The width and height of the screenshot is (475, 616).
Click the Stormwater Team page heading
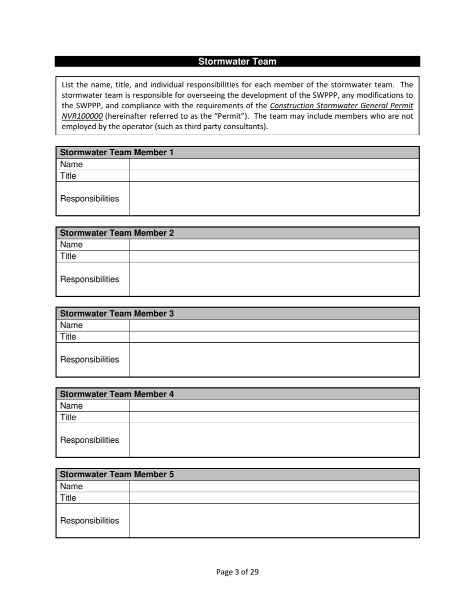(x=237, y=62)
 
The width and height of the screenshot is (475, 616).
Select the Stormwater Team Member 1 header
(x=117, y=152)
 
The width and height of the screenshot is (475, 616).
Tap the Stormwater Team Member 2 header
(x=117, y=233)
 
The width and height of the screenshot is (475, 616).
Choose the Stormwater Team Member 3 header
(x=117, y=314)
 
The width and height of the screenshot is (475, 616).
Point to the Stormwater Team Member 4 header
(x=117, y=394)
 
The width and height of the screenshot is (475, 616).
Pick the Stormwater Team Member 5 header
(x=117, y=474)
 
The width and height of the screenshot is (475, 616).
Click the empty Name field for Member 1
(x=274, y=164)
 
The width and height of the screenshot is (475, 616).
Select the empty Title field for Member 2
(x=274, y=256)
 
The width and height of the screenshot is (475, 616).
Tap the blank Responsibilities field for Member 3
(x=274, y=360)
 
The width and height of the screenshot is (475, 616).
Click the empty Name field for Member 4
(x=274, y=406)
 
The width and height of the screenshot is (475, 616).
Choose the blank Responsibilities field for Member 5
(x=274, y=521)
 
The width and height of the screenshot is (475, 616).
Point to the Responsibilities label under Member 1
(x=90, y=199)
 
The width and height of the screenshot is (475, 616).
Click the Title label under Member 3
(x=68, y=337)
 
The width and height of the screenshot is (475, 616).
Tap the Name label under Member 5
(x=71, y=486)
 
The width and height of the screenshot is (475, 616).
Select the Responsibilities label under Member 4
(x=90, y=440)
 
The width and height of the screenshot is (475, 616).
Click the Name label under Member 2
(x=71, y=245)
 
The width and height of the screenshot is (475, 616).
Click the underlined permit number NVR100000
(x=82, y=116)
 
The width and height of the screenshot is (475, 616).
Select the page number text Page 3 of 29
(x=237, y=572)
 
